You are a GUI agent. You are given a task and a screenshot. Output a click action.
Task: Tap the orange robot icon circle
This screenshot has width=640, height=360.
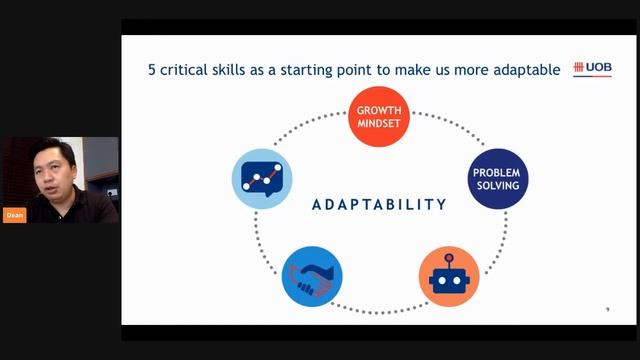coord(449,276)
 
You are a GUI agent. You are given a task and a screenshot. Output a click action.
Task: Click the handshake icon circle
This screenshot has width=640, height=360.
coord(312,276)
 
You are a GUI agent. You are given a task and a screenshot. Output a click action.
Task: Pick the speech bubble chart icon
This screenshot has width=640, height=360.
coord(261,178)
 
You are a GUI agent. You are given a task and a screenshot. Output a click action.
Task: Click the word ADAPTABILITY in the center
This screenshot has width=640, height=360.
coord(379,205)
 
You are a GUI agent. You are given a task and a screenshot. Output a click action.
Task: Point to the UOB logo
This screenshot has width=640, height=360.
coord(592,68)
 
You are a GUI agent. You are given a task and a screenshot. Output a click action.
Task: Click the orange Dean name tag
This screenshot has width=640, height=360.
coord(14,215)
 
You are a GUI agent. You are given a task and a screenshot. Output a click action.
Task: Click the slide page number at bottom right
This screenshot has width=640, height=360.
coord(608,309)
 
